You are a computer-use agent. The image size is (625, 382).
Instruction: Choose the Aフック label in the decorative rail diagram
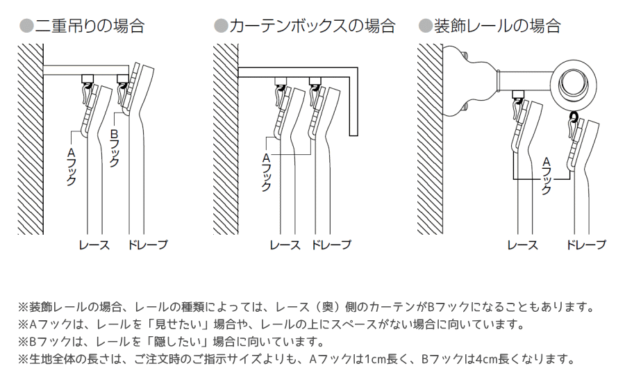(x=546, y=174)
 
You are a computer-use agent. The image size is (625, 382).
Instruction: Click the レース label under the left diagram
(x=93, y=244)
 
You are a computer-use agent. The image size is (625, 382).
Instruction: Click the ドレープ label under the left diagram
(x=147, y=244)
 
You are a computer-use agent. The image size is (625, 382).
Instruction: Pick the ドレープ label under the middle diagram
(x=331, y=244)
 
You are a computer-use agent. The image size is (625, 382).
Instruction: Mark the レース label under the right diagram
(x=522, y=244)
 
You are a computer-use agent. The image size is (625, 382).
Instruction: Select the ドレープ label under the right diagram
(x=585, y=244)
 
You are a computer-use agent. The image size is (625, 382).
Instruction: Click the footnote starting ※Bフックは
(x=171, y=342)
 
